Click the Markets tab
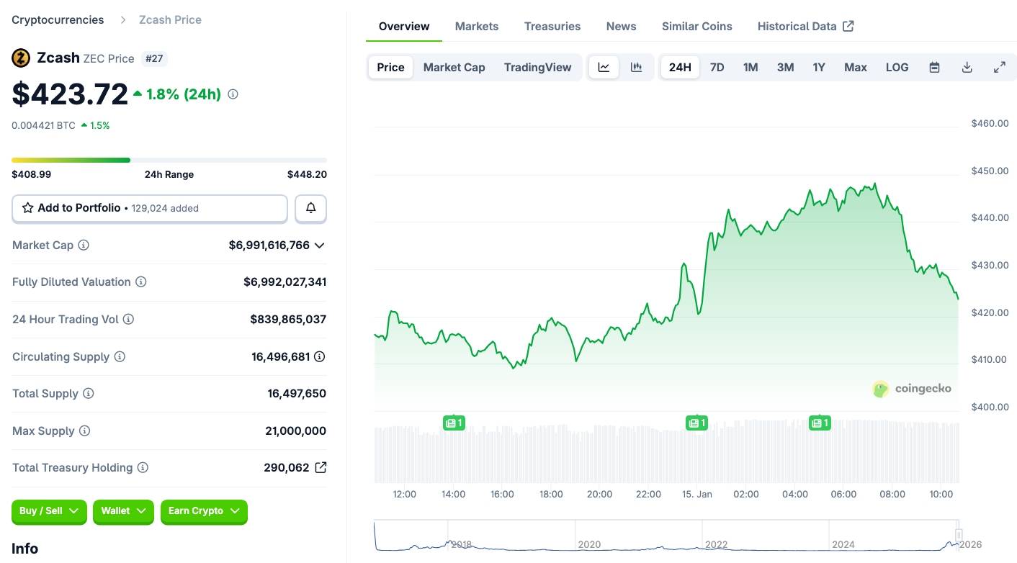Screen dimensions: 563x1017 pos(476,26)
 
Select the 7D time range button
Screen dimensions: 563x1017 pos(717,67)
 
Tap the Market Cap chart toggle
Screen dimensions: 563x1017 pos(454,67)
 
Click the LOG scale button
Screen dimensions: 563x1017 pos(897,67)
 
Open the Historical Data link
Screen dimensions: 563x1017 pos(805,26)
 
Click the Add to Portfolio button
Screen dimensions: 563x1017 pos(150,208)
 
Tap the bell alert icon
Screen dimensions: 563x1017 pos(311,208)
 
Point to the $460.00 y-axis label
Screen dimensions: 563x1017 pos(989,123)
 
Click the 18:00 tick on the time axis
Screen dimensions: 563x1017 pos(551,494)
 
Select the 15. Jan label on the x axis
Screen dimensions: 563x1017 pos(696,494)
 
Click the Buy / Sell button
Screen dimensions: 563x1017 pos(49,511)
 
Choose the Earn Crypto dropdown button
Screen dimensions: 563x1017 pos(204,511)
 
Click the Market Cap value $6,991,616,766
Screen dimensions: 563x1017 pos(269,245)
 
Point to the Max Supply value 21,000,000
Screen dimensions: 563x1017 pos(295,431)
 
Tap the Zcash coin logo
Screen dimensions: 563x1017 pos(21,58)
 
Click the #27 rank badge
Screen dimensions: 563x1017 pos(154,58)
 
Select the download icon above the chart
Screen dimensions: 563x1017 pos(967,67)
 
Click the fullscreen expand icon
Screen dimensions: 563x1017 pos(999,67)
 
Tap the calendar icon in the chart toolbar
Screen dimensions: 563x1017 pos(934,67)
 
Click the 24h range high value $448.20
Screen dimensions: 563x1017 pos(307,174)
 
